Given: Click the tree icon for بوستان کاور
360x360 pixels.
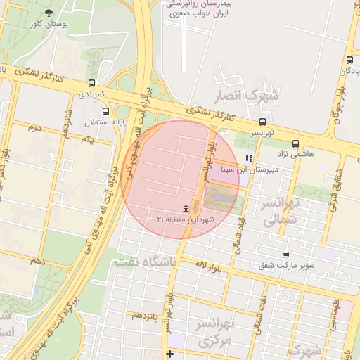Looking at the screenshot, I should [x=49, y=13].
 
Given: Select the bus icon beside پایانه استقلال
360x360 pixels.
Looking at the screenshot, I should [x=106, y=111].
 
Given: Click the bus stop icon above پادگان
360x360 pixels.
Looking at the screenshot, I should [x=349, y=60].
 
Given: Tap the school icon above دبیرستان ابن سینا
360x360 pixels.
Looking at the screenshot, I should [x=247, y=158].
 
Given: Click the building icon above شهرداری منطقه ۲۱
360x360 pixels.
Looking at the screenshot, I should [x=185, y=209].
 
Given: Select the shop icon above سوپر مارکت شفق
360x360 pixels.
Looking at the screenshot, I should [x=285, y=255].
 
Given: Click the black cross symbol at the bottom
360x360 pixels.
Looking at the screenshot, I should [x=169, y=353].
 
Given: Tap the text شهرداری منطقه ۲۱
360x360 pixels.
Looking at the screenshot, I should [x=184, y=219].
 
